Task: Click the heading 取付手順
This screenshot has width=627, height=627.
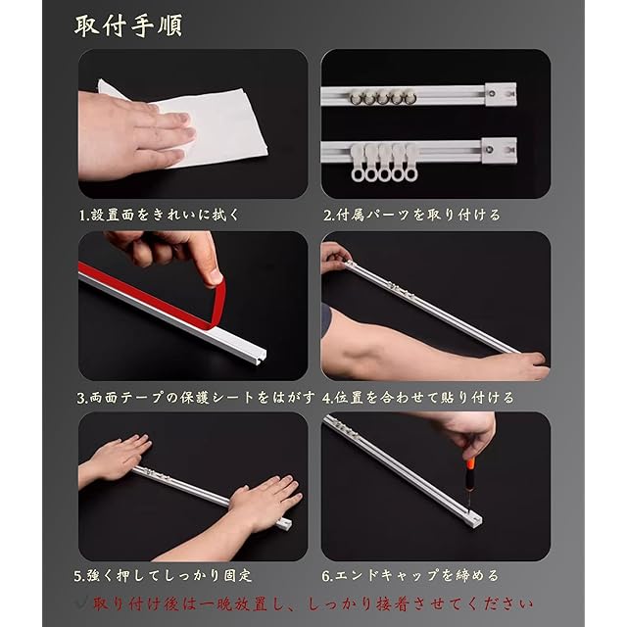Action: click(128, 26)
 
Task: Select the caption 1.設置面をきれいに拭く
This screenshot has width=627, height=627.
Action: click(159, 215)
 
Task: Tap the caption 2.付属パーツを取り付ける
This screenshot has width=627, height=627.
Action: click(411, 215)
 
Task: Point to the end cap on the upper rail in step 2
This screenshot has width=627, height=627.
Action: click(501, 94)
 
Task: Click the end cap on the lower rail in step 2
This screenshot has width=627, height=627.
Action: click(499, 150)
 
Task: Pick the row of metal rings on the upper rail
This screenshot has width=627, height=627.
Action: click(383, 98)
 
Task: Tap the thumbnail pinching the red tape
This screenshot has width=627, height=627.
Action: click(216, 277)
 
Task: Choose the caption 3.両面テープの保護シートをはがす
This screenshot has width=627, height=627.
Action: click(196, 398)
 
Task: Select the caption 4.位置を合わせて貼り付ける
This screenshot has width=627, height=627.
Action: click(418, 398)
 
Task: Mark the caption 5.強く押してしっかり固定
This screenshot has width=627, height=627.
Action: click(164, 575)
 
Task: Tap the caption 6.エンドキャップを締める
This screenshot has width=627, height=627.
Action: click(410, 575)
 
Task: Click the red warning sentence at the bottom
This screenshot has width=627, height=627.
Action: click(313, 603)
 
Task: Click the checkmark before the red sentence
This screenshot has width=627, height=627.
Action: click(82, 603)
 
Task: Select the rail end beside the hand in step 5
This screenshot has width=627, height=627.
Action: click(285, 522)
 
